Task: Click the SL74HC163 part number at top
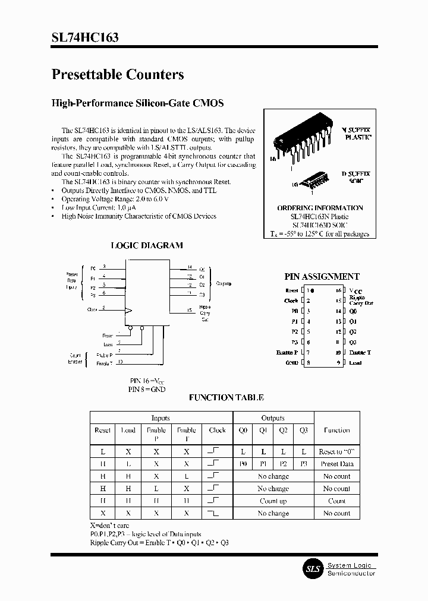tap(84, 37)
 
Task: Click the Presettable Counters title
tap(118, 74)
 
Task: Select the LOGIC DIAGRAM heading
tap(147, 245)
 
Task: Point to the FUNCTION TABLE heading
tap(226, 397)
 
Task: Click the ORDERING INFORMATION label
tap(320, 208)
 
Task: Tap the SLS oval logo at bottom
tap(312, 569)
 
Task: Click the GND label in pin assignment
tap(291, 362)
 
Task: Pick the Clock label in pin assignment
tap(291, 300)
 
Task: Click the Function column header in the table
tap(336, 430)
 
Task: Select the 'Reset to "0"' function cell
tap(336, 452)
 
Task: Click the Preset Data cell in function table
tap(336, 464)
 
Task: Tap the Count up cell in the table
tap(273, 501)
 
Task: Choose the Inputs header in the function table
tap(160, 418)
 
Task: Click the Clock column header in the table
tap(218, 430)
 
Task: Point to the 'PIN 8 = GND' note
tap(147, 389)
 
